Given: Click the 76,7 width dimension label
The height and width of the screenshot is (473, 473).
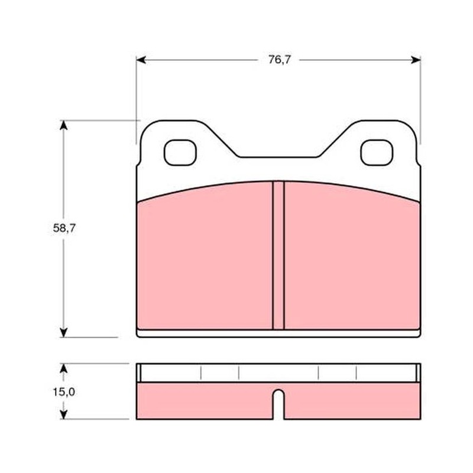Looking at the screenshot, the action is [x=279, y=60].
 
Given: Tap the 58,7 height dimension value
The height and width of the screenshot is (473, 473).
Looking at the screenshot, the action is [x=64, y=228].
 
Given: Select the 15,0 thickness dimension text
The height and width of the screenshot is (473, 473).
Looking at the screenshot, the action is [x=64, y=392].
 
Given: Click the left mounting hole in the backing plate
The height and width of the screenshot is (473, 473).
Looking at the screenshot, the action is [x=180, y=153].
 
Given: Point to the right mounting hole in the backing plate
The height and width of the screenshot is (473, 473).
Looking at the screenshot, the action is [x=377, y=153].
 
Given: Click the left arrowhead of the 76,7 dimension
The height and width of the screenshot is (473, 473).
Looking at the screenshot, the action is [x=141, y=60].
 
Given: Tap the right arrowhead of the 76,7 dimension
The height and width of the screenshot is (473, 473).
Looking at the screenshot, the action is [x=416, y=60].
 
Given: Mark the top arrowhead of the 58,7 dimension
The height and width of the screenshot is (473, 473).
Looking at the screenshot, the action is [x=63, y=125].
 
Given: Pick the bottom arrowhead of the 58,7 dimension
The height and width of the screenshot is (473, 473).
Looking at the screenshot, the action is [x=63, y=332].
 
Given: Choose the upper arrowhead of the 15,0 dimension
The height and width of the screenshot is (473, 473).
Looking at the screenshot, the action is [x=63, y=368].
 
